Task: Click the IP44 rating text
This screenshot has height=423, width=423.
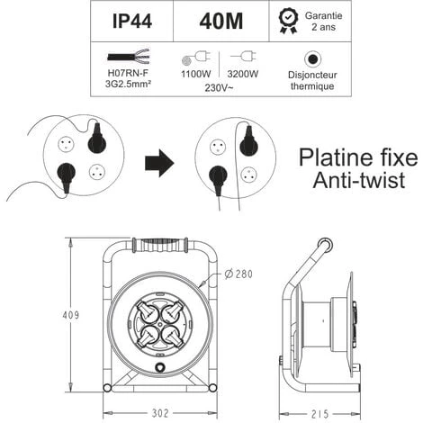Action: point(132,22)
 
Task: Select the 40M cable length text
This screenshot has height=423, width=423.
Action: point(221,22)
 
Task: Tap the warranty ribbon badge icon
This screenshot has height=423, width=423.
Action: point(288,21)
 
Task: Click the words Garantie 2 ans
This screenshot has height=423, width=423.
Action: point(323,21)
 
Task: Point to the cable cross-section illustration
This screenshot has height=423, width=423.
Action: point(129,57)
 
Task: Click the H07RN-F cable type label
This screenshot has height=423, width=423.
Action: point(128,73)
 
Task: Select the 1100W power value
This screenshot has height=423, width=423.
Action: point(196,74)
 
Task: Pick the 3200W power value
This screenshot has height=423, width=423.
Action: point(243,74)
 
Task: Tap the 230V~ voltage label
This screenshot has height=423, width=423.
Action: point(219,88)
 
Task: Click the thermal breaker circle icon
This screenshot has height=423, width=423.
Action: point(312,59)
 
